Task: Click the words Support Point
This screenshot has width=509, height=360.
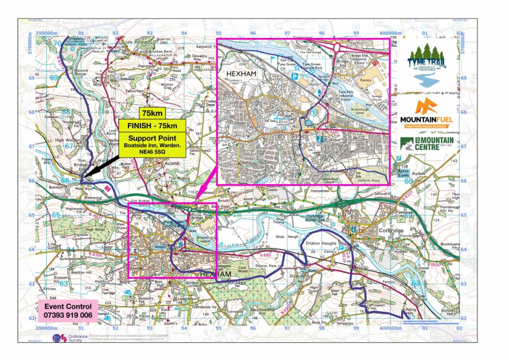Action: click(153, 137)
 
